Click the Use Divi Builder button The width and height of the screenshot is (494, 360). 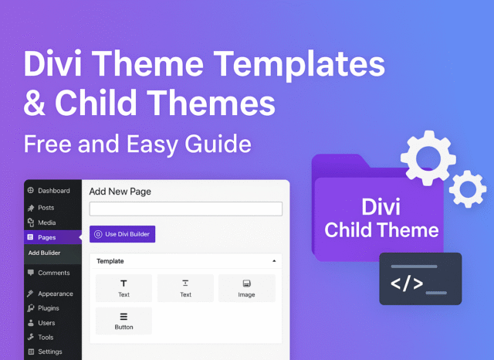[122, 234]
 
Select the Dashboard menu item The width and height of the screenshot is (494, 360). [49, 191]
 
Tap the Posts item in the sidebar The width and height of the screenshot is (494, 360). [41, 208]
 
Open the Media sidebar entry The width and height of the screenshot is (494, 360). [42, 222]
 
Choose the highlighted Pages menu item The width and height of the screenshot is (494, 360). [52, 237]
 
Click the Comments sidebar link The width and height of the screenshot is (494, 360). [49, 273]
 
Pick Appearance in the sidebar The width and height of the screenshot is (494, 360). [50, 294]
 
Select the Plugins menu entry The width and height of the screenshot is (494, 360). [43, 308]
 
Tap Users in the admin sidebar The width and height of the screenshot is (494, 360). [41, 323]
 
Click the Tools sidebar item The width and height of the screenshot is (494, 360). [40, 338]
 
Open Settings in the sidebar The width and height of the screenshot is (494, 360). [45, 352]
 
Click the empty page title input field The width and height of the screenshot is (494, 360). [186, 209]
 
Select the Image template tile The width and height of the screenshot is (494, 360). [247, 288]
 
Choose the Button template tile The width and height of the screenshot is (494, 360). [123, 321]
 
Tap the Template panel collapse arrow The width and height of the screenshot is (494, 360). [274, 261]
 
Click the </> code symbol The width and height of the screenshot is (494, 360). [407, 283]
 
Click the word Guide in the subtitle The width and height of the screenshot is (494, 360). [218, 144]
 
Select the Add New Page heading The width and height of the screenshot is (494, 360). [120, 192]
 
